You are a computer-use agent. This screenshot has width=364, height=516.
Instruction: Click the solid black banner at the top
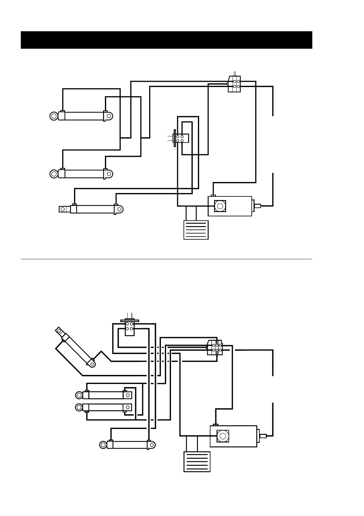(x=166, y=40)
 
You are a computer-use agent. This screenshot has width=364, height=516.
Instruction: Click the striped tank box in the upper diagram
(x=196, y=230)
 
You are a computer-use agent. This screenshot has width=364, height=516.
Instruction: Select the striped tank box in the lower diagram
(x=197, y=461)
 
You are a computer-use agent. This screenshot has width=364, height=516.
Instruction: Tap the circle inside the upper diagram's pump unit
(x=219, y=206)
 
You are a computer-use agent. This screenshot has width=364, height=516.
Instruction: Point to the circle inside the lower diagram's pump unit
(x=223, y=436)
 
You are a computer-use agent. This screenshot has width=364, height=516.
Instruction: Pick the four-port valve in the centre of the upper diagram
(x=182, y=138)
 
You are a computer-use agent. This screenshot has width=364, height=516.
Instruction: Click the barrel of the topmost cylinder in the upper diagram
(x=84, y=116)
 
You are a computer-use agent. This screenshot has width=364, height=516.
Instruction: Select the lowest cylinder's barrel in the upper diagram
(x=95, y=209)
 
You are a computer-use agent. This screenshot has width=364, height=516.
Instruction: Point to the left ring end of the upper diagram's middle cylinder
(x=54, y=174)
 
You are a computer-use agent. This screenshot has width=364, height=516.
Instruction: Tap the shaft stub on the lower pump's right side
(x=262, y=436)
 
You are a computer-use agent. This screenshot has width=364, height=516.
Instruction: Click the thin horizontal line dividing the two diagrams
(x=166, y=259)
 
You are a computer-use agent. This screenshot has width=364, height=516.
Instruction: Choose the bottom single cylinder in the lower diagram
(x=128, y=445)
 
